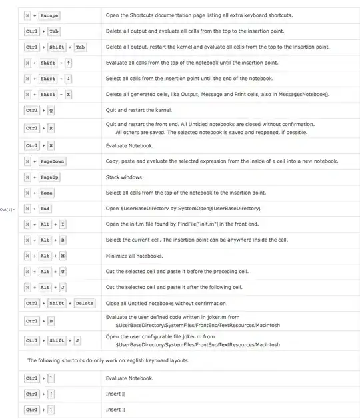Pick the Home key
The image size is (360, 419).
(x=46, y=193)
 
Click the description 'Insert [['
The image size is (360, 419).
(x=115, y=394)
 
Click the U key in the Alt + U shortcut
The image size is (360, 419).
(x=62, y=272)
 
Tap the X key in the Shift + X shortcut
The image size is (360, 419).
(x=68, y=95)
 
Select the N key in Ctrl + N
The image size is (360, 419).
(x=51, y=145)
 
